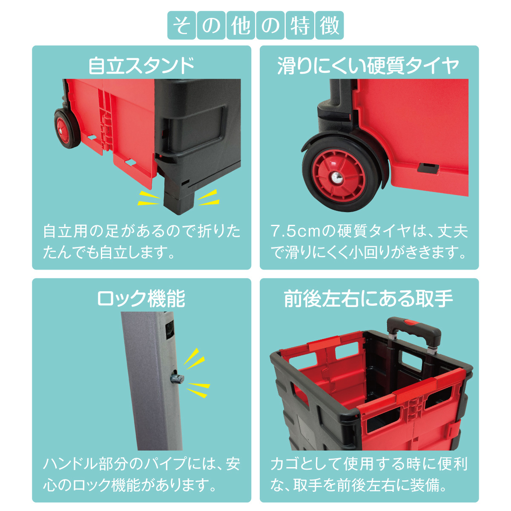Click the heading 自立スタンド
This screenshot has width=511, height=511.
click(x=141, y=66)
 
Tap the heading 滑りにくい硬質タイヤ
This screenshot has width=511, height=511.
click(x=369, y=66)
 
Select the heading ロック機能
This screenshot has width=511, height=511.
click(x=141, y=299)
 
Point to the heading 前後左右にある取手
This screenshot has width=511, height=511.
click(x=369, y=299)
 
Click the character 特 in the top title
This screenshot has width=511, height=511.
click(x=299, y=26)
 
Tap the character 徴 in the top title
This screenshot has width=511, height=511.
click(x=329, y=26)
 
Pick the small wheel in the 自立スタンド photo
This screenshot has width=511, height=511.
click(x=67, y=128)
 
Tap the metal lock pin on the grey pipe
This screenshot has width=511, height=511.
click(x=177, y=379)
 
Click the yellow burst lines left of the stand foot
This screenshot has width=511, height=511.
click(x=149, y=198)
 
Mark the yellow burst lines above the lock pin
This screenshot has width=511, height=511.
click(x=193, y=359)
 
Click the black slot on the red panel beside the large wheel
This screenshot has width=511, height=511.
click(x=428, y=168)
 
